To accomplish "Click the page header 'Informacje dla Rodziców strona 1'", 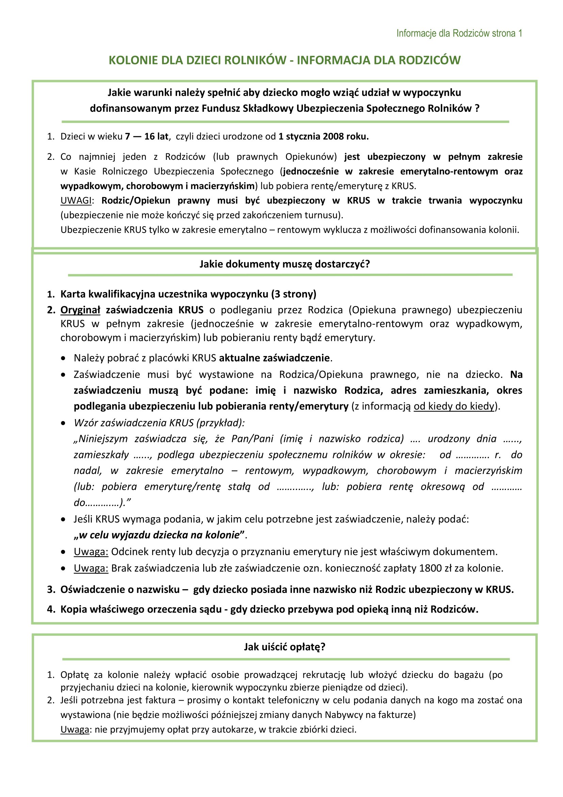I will pos(459,33).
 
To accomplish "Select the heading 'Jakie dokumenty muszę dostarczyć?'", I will pos(285,264).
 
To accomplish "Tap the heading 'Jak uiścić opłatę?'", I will pos(285,647).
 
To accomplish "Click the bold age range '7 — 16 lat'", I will pos(147,136).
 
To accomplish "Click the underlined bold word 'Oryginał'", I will pos(80,310).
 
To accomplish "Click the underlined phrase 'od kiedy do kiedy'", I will pos(454,406).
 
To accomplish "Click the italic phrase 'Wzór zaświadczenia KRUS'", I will pos(134,423).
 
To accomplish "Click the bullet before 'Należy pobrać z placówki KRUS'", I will pos(63,358).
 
